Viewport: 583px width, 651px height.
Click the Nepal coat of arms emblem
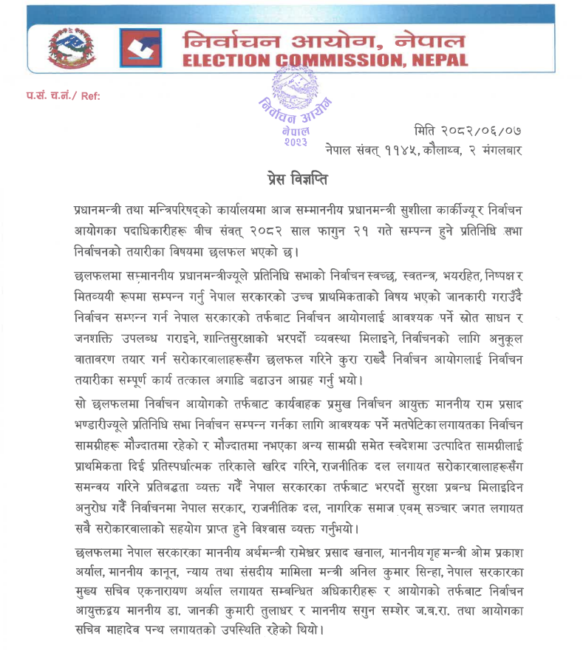(x=72, y=51)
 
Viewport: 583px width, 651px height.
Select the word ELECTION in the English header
(x=234, y=61)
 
